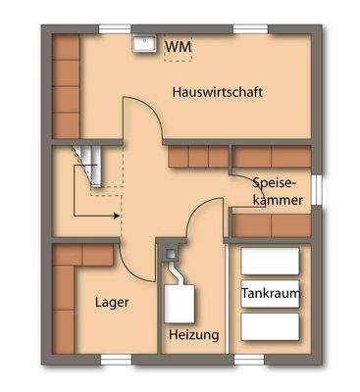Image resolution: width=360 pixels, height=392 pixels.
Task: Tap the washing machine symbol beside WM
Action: coord(144,45)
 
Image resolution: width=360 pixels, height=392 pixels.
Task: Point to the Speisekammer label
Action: coord(278,190)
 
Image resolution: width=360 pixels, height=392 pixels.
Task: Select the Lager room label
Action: coord(112,303)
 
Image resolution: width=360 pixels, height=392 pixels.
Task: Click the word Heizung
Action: coord(193,335)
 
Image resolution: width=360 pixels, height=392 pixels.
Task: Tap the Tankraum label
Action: coord(271,293)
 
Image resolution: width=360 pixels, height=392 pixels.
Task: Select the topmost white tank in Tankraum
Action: coord(270,261)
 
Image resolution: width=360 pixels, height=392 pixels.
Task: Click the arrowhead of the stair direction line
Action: coord(116,213)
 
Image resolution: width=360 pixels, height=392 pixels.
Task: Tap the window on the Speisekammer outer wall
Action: coord(317,187)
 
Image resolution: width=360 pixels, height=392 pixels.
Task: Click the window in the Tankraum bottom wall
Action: coord(270,360)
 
